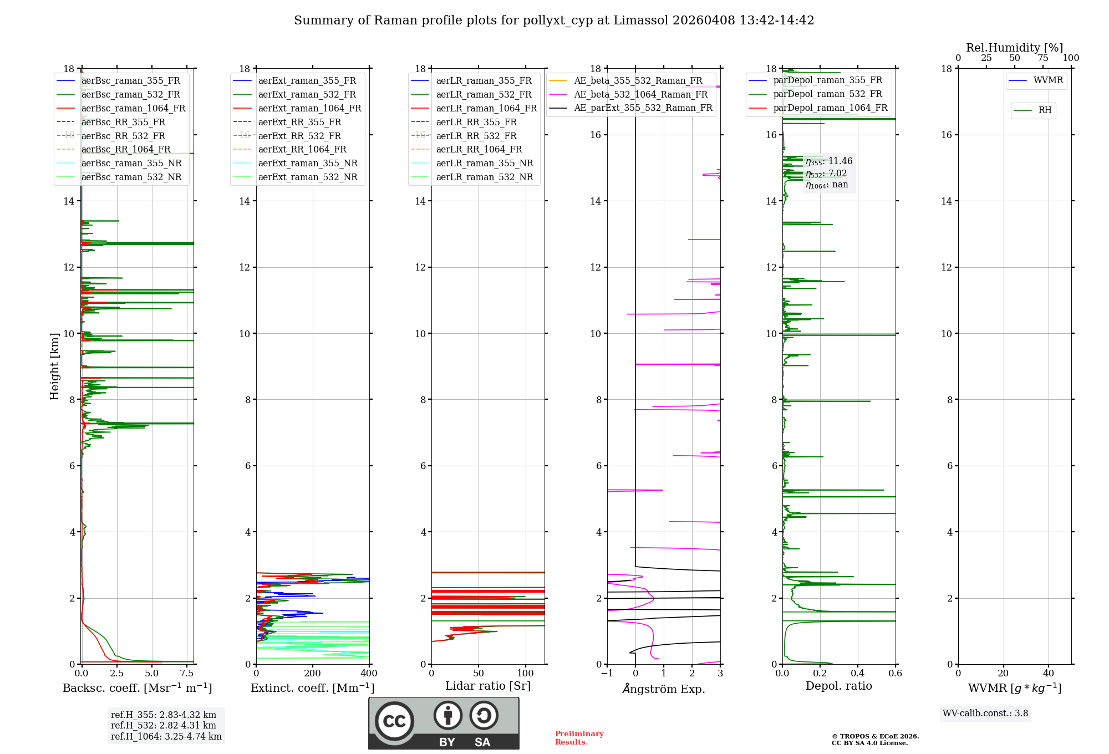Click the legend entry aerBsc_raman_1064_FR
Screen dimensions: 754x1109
click(x=133, y=109)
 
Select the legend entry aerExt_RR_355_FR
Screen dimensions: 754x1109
click(x=299, y=123)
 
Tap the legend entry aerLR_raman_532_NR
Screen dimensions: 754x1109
click(x=484, y=177)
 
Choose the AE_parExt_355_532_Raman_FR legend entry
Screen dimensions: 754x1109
click(x=643, y=108)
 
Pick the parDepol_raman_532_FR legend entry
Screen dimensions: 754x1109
click(x=827, y=94)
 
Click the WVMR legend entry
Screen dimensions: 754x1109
click(x=1048, y=80)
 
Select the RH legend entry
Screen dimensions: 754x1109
click(x=1045, y=110)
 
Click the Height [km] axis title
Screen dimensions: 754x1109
click(x=54, y=366)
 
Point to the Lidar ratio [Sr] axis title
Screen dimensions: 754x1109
click(x=488, y=686)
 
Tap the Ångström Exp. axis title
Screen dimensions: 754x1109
click(x=664, y=689)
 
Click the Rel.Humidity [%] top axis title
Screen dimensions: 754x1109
click(x=1014, y=48)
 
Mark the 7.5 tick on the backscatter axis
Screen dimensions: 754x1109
click(x=187, y=674)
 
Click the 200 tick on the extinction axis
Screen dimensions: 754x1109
click(x=313, y=674)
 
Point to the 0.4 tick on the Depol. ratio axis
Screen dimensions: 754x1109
click(x=858, y=674)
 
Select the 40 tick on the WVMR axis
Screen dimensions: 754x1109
click(x=1049, y=674)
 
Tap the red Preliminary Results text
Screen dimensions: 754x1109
click(x=579, y=738)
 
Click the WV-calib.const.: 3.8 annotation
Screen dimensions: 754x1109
click(x=985, y=714)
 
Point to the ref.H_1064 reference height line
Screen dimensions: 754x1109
click(x=166, y=737)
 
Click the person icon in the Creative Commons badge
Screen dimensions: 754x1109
click(x=448, y=715)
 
